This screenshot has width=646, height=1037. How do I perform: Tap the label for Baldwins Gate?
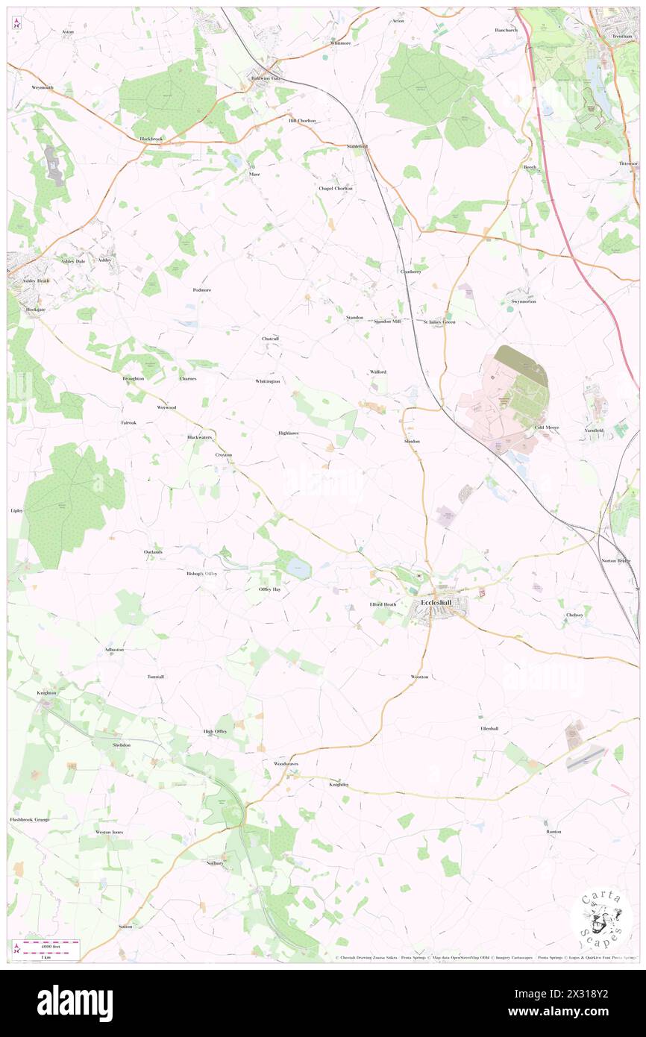tap(265, 78)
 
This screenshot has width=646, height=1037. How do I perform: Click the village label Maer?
tap(254, 174)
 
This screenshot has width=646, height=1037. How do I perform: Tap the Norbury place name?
tap(215, 862)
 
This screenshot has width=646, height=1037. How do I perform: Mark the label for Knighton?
tap(46, 692)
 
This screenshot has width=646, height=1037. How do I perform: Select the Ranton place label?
tap(553, 831)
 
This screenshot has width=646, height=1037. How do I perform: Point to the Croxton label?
tap(224, 454)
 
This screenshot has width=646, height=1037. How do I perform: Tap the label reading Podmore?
tap(202, 289)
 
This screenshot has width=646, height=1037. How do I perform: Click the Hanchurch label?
tap(505, 30)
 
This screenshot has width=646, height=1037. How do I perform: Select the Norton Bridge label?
tap(615, 560)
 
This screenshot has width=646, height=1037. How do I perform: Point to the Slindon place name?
tap(412, 441)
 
